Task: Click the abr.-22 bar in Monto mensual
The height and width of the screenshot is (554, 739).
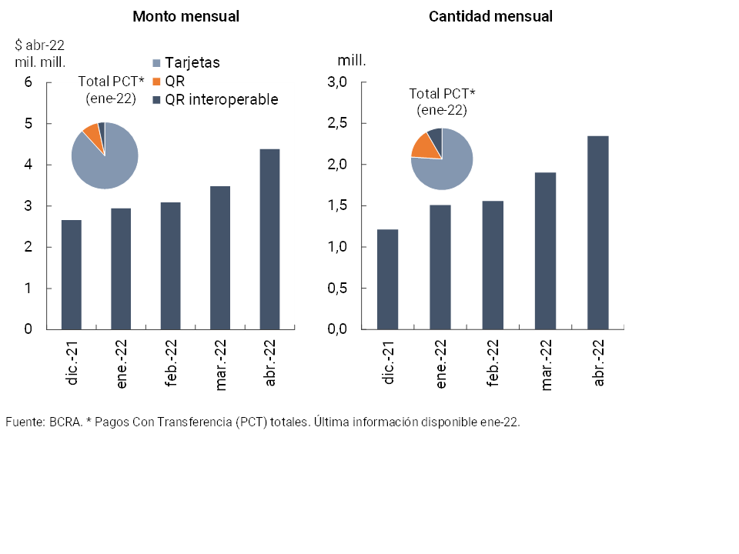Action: (x=269, y=239)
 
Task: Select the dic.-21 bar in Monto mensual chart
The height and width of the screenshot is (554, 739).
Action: (x=72, y=275)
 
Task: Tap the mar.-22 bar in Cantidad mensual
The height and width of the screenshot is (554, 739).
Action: (x=545, y=251)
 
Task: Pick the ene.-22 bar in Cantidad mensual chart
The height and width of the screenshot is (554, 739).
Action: (x=440, y=267)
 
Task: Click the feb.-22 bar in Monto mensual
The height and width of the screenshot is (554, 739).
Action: (x=170, y=265)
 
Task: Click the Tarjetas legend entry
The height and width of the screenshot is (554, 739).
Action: (x=192, y=63)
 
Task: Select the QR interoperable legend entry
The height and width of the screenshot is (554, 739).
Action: (x=222, y=100)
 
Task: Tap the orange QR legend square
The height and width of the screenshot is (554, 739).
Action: (x=158, y=82)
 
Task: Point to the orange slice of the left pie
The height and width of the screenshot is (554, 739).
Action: (x=92, y=133)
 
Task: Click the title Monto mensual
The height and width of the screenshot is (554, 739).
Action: (x=186, y=16)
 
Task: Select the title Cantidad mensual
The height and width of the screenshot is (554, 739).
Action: (x=490, y=16)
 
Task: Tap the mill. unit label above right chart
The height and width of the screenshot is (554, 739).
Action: (x=351, y=59)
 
